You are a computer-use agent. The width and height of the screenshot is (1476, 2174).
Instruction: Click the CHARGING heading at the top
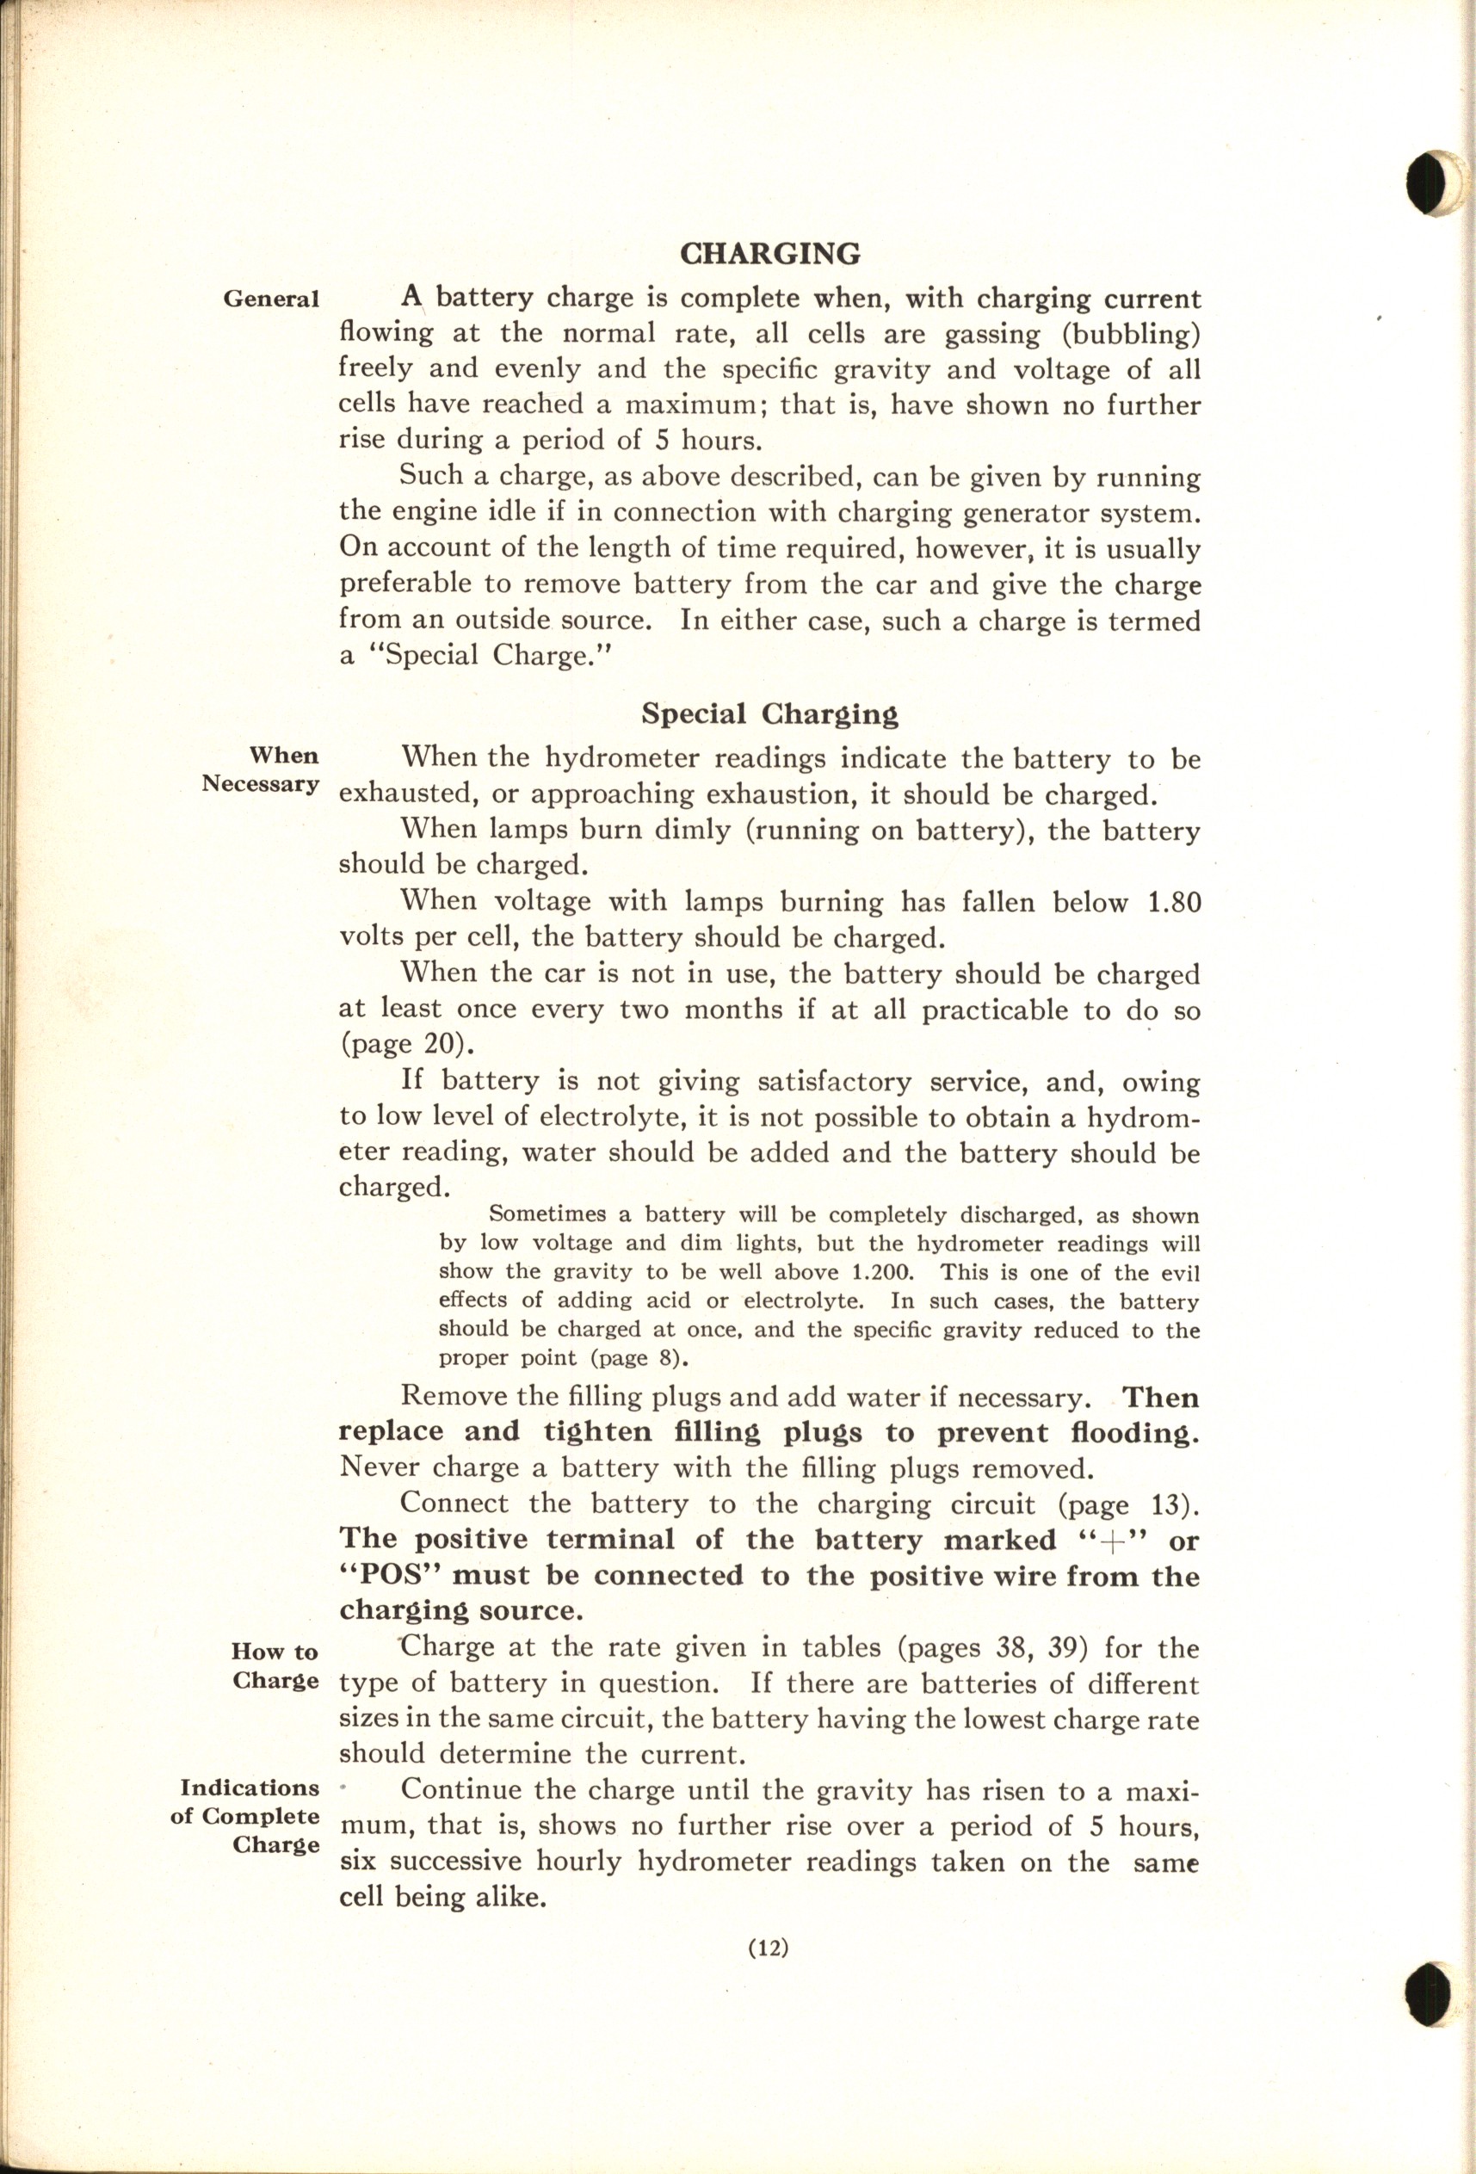click(769, 254)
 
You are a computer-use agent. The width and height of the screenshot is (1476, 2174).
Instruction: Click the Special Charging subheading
click(769, 714)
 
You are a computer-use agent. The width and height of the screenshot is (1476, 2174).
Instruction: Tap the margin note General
click(270, 300)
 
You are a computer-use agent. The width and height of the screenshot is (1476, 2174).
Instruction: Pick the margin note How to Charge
click(275, 1666)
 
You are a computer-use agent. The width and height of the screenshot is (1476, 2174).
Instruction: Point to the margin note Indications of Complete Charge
click(249, 1816)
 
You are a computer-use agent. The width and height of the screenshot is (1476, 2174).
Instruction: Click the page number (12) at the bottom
click(769, 1949)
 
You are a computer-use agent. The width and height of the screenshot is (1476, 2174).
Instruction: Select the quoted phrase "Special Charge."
click(486, 656)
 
